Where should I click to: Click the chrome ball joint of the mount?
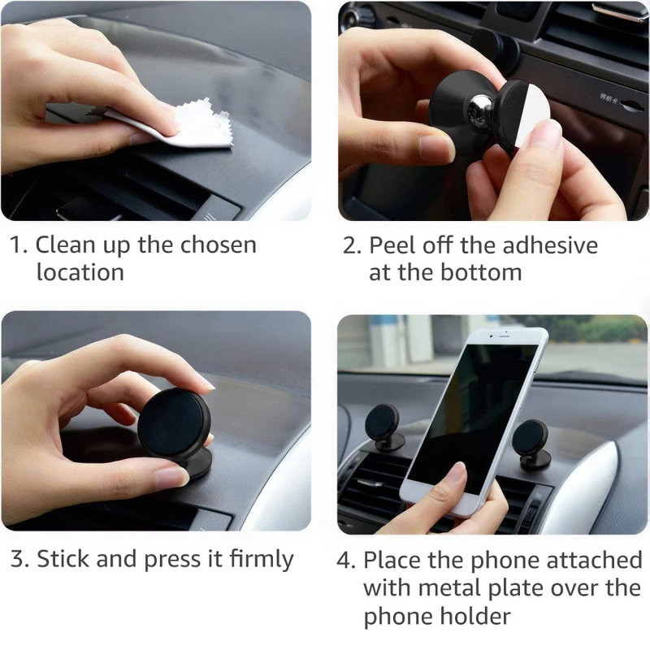(476, 106)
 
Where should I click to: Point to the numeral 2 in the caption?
(350, 245)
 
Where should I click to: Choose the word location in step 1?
(80, 272)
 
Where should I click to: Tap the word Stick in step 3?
(63, 559)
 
